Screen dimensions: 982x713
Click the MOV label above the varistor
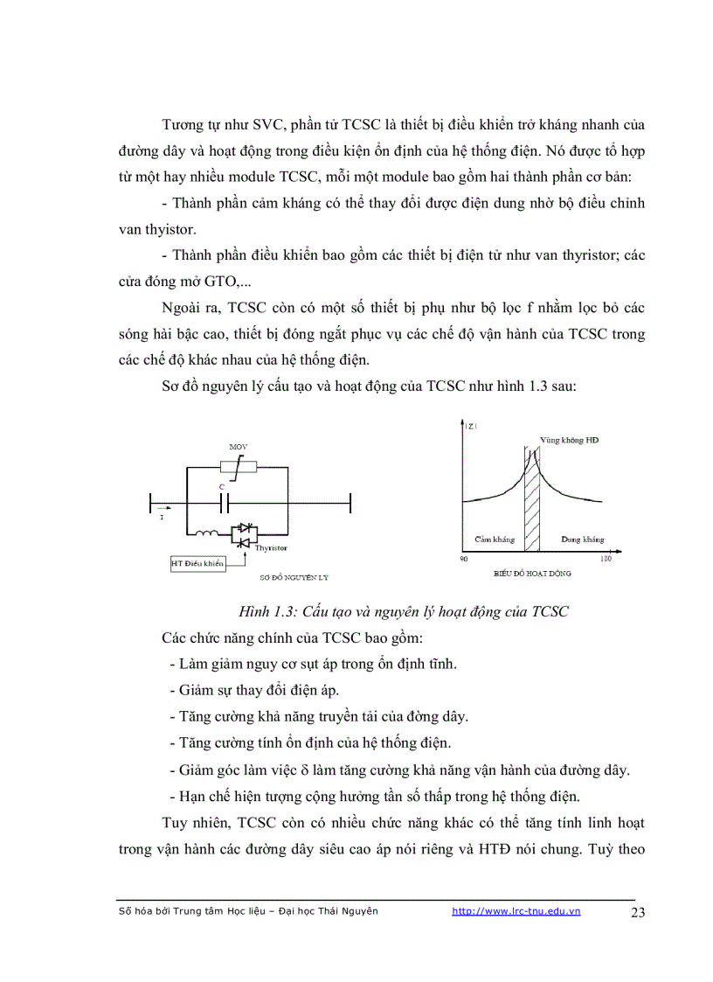(239, 447)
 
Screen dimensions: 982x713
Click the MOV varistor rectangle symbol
(239, 465)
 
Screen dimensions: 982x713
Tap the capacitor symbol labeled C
(224, 504)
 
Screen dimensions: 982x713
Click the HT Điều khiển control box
(197, 564)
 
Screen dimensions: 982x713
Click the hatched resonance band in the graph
(532, 507)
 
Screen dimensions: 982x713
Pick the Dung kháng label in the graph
(583, 540)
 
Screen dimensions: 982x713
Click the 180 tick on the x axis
(606, 559)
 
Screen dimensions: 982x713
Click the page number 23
(637, 913)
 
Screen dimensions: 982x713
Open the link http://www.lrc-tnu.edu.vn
(516, 911)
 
